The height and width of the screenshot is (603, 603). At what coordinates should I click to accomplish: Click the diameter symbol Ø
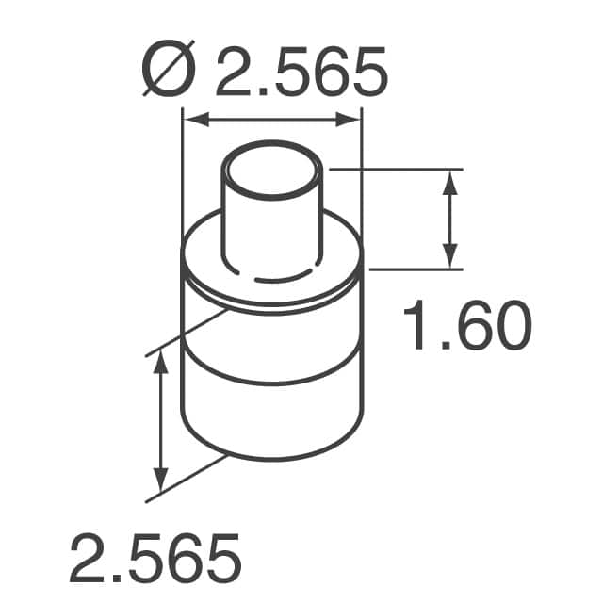(x=166, y=73)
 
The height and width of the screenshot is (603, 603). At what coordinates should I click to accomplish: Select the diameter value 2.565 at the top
(x=301, y=73)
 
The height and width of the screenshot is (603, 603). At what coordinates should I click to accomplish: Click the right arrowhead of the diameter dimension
(x=351, y=120)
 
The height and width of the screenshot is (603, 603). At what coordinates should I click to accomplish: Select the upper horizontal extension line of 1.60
(x=396, y=170)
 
